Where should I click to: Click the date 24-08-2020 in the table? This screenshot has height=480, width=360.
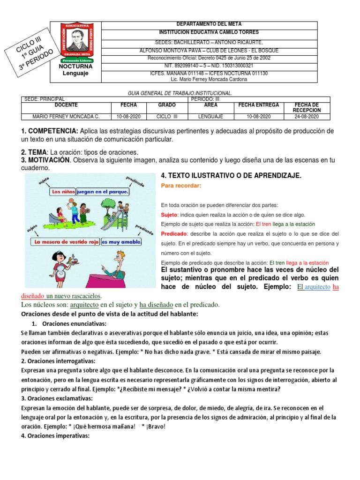[307, 116]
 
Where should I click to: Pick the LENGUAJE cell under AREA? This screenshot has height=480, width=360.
[210, 116]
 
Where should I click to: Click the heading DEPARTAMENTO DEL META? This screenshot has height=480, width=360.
[209, 24]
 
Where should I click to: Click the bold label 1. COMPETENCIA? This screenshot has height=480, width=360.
[50, 130]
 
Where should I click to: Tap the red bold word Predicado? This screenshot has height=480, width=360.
[174, 233]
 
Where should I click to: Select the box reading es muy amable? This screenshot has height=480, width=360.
[121, 242]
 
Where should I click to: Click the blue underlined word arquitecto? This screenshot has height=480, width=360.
[318, 287]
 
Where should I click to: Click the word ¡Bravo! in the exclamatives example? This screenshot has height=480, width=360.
[156, 427]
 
